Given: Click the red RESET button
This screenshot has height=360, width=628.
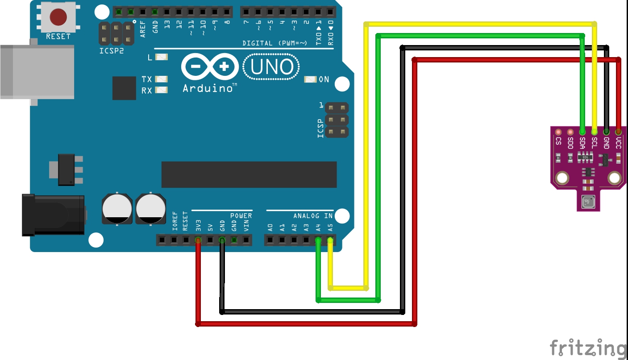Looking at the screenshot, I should [58, 17].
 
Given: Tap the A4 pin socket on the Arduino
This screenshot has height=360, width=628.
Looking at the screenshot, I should [318, 241].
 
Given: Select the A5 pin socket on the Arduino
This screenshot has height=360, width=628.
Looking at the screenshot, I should [330, 241].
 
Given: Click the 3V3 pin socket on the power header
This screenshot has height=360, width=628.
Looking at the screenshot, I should [198, 241].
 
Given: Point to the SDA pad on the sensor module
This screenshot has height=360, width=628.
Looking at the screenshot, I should [582, 132].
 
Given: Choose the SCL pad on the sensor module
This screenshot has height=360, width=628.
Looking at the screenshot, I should [595, 132].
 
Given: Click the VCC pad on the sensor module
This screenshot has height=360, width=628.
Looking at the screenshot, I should [618, 132].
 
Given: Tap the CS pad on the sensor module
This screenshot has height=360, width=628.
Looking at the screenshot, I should [558, 132].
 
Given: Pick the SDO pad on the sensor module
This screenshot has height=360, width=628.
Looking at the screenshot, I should [570, 132].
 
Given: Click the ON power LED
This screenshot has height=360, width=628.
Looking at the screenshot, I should [310, 79].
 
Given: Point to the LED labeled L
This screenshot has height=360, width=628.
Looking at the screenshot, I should [161, 57].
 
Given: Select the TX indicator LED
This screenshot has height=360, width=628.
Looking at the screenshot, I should [161, 79].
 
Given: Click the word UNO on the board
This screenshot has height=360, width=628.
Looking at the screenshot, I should [271, 67].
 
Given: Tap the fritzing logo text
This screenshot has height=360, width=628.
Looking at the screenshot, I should [588, 348].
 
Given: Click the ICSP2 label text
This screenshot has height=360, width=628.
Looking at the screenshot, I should [111, 51].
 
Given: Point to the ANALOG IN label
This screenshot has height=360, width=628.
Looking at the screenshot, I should [313, 216].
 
